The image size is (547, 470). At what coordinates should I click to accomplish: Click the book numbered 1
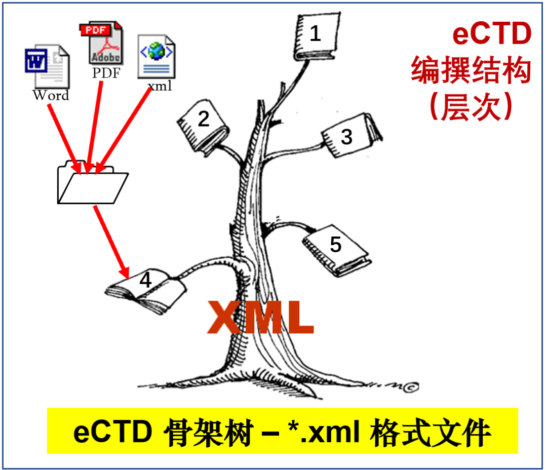317,36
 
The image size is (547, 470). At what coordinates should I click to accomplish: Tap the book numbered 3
350,135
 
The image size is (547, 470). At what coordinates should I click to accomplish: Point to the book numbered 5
337,250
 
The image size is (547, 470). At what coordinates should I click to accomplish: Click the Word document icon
48,66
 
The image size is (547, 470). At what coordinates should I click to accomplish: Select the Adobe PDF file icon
101,43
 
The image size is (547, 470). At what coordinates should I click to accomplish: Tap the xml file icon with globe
157,57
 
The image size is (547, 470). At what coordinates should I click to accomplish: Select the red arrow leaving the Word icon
65,139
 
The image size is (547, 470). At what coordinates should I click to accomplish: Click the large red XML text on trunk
260,317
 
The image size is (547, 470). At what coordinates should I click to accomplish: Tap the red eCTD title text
492,33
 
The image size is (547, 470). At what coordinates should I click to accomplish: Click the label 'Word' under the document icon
51,95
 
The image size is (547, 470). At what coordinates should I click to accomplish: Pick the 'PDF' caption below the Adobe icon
106,73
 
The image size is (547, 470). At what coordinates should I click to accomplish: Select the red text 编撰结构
471,70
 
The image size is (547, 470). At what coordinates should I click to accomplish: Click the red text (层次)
472,106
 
